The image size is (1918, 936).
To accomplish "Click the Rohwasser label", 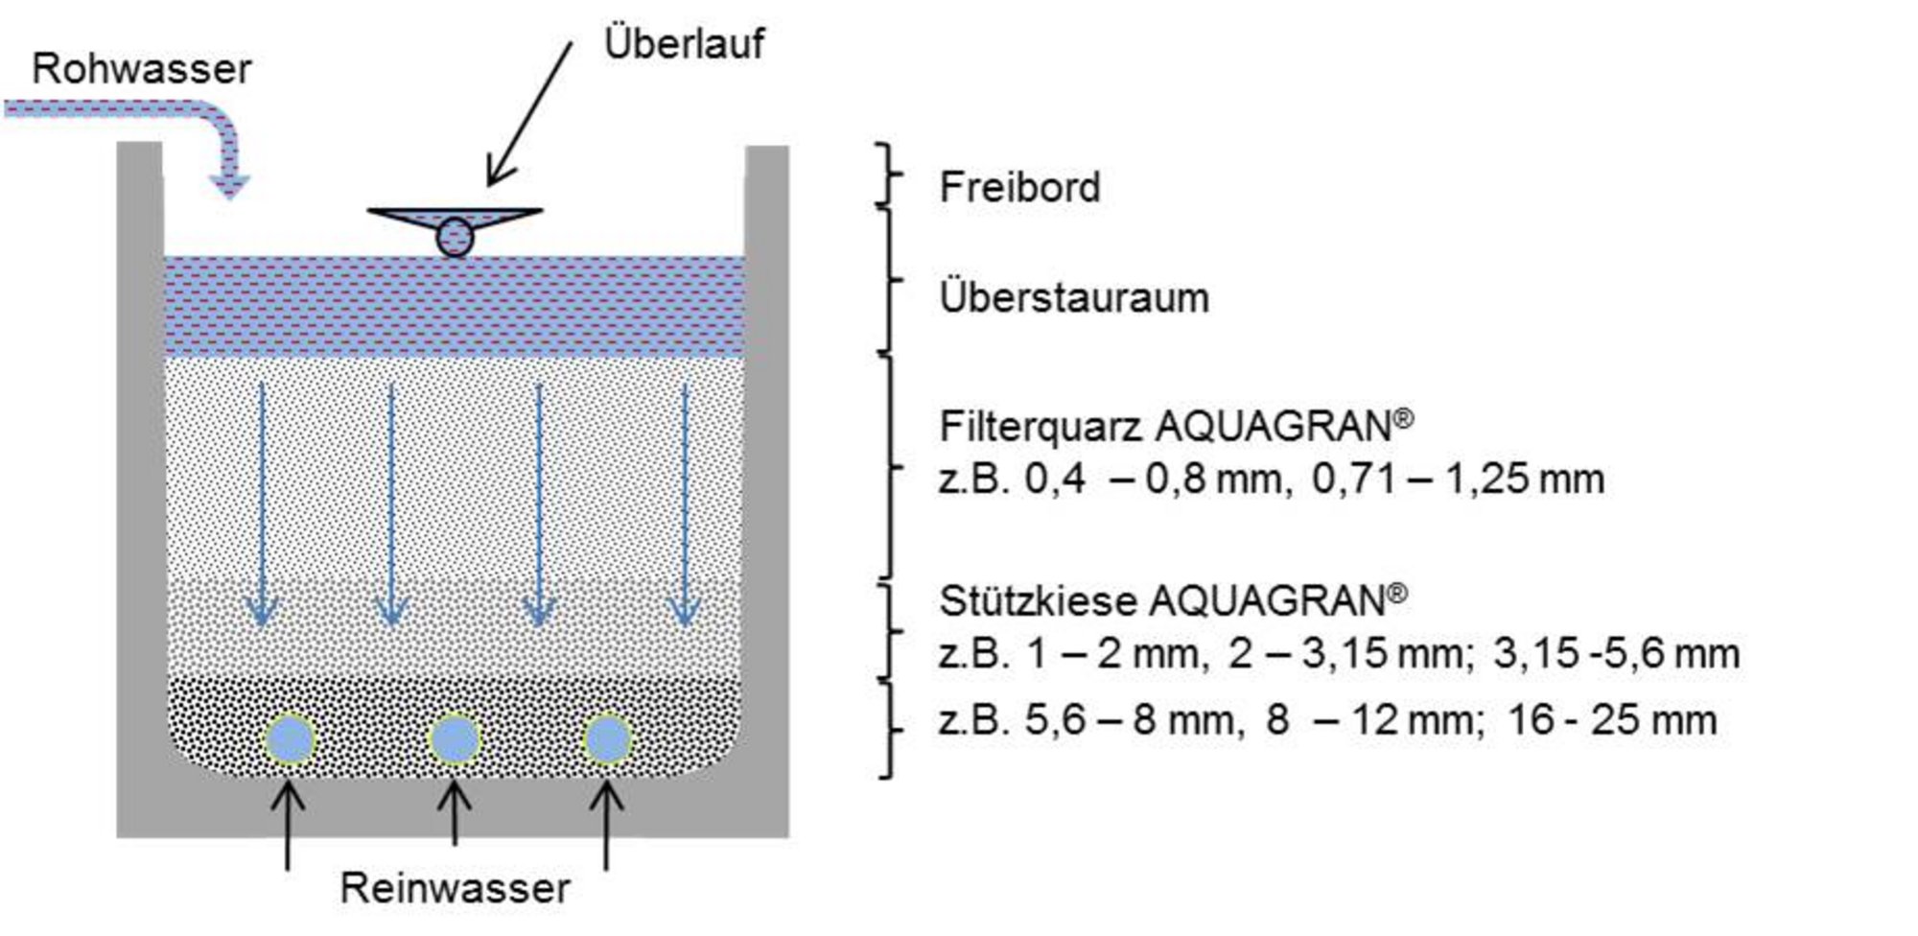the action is pos(141,69).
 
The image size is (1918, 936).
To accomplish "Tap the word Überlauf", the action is pos(684,43).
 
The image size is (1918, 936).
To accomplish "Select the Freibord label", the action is pos(1019,186).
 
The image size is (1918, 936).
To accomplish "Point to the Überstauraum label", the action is pos(1074,297).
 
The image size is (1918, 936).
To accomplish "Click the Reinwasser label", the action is pos(455,888).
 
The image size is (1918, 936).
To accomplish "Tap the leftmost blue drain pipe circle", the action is pos(290,740).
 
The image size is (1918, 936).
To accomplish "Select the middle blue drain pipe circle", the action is pos(455,740).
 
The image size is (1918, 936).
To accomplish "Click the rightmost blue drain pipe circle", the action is pos(606,740).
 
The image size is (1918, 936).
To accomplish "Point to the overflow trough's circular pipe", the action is pos(455,237).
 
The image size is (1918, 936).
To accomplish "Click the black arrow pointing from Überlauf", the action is pos(529,114).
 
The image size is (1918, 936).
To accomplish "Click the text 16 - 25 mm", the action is pos(1612,719).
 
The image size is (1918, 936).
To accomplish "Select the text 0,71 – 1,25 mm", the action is pos(1458,479).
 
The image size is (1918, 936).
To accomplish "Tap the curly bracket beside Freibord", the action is pos(890,175).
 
